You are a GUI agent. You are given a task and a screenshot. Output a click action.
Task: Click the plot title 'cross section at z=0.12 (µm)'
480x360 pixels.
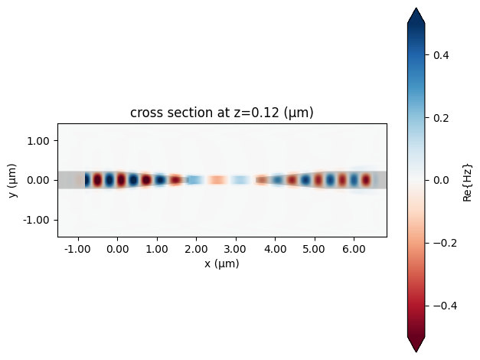tap(222, 113)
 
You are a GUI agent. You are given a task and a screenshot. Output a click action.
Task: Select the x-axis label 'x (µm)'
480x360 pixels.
tap(222, 263)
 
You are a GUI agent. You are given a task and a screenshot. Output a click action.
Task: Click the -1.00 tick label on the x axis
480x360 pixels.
tap(76, 249)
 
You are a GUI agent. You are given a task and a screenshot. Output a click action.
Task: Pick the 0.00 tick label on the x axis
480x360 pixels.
tap(117, 249)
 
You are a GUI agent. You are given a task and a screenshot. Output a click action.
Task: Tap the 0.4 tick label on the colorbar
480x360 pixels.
tap(442, 55)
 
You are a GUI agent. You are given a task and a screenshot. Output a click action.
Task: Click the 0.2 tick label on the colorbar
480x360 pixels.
tap(442, 118)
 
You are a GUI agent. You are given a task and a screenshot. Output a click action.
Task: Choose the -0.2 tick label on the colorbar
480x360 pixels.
tap(439, 243)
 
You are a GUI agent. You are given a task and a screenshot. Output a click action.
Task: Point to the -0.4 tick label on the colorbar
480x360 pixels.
tap(439, 306)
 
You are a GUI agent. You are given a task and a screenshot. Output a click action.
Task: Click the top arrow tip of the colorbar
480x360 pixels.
tap(416, 9)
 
